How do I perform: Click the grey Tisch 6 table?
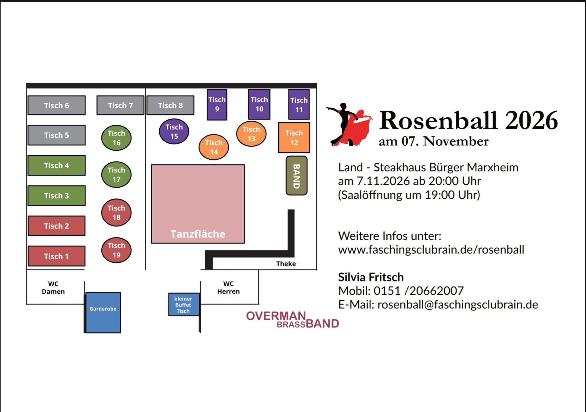click(x=56, y=105)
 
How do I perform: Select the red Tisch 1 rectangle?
click(x=56, y=256)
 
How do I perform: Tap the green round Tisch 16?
click(x=116, y=138)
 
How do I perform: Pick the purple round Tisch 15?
click(x=174, y=131)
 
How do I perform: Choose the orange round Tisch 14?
click(x=214, y=147)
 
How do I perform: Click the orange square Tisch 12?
click(x=294, y=137)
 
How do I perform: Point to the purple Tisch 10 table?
click(x=259, y=104)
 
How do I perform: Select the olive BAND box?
click(x=296, y=176)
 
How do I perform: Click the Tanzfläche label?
click(x=198, y=234)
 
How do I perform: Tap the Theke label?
click(x=286, y=264)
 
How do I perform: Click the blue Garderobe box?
click(x=103, y=312)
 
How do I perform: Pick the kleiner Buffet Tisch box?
click(x=184, y=304)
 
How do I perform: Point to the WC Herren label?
click(x=228, y=287)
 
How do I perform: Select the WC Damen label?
click(x=53, y=287)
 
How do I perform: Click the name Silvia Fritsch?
click(x=371, y=277)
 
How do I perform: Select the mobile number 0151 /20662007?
click(x=418, y=291)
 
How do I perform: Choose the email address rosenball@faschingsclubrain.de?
click(x=458, y=304)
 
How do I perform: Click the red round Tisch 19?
click(x=116, y=250)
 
